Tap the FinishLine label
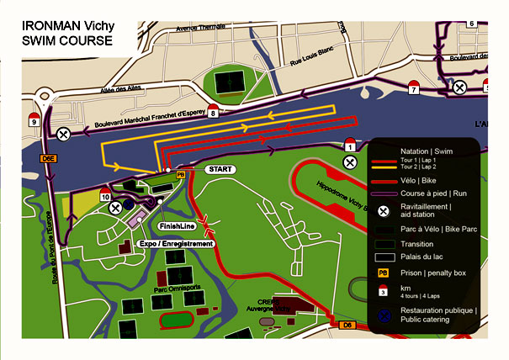[177, 226]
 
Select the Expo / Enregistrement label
[174, 243]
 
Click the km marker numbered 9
[34, 120]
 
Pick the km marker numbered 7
[413, 87]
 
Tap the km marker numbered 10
[105, 196]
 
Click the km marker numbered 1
[351, 147]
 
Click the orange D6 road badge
[345, 323]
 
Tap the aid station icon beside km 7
[459, 87]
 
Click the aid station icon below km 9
[63, 134]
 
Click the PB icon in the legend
[383, 273]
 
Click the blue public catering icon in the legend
[383, 315]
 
